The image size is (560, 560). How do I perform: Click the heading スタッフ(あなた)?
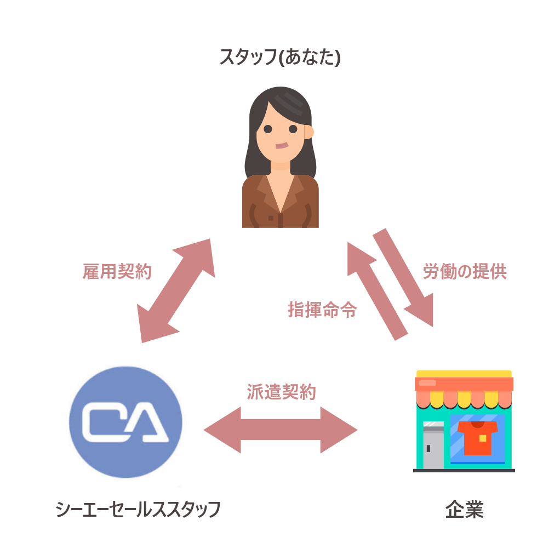(280, 57)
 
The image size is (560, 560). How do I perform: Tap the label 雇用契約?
(117, 271)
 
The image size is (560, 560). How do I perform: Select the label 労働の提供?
(465, 271)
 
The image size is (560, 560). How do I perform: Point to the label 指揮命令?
(322, 309)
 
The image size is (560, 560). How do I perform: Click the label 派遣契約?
(282, 392)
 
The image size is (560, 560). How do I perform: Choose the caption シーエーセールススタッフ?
(138, 509)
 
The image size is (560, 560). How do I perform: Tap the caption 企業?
(464, 509)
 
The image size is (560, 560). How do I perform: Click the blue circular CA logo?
(125, 422)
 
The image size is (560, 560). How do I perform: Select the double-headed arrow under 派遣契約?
(281, 430)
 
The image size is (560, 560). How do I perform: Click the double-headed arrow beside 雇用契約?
(176, 291)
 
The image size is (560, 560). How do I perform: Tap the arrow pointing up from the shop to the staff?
(377, 292)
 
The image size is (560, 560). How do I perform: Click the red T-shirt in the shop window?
(477, 438)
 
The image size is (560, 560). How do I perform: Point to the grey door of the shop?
(433, 445)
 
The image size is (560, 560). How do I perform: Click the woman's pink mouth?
(282, 146)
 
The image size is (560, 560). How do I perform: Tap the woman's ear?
(309, 132)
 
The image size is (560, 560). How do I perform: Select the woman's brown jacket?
(281, 201)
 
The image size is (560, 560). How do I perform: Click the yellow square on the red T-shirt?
(483, 438)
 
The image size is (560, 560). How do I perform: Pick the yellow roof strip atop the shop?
(464, 374)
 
